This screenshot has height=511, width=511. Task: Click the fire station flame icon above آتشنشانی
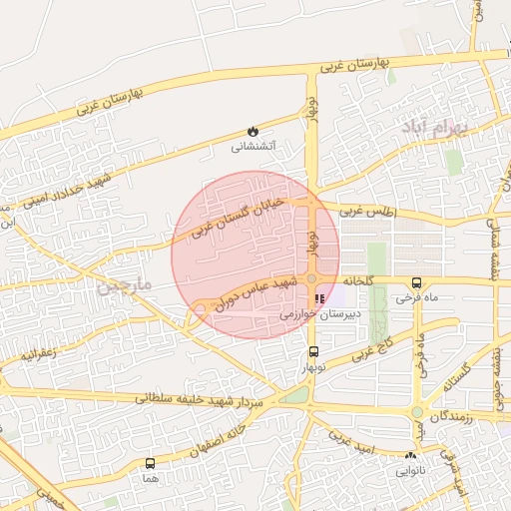coord(252,131)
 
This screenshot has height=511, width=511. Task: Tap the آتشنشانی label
coord(254,147)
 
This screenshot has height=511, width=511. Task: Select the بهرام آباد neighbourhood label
coord(431,128)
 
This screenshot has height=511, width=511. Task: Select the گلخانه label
coord(357,281)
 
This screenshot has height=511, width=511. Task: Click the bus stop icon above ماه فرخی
coord(416,282)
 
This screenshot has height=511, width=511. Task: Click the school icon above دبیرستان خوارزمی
coord(319,298)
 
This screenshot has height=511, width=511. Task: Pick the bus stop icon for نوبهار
coord(314,351)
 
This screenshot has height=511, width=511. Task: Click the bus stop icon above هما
coord(150,463)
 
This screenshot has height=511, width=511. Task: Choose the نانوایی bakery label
coord(411,469)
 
